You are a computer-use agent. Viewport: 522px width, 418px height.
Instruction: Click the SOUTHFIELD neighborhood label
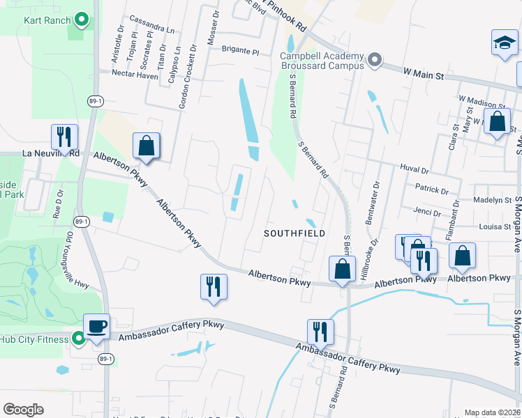coord(294,233)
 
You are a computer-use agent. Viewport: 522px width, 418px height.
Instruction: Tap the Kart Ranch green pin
coord(81,20)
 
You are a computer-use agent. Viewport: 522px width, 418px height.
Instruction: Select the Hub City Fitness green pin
coord(79,339)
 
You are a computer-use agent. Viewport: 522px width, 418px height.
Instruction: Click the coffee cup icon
coord(96,326)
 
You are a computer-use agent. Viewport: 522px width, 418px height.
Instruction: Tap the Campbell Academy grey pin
coord(374,61)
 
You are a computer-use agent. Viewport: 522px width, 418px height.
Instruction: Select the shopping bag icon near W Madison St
coord(497,122)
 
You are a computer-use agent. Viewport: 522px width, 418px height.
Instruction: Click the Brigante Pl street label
coord(240,52)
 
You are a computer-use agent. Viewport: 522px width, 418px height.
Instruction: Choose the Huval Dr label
coord(414,168)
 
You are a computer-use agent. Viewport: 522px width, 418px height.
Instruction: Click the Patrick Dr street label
coord(431,189)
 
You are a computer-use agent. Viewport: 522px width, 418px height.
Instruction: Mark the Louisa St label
coord(495,226)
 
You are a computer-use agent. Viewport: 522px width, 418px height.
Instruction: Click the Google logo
coord(24,409)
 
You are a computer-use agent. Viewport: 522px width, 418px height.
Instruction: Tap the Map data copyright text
coord(493,412)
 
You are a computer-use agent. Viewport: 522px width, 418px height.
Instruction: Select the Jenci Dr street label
coord(427,213)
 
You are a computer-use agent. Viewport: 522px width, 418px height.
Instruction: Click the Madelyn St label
coord(492,200)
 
